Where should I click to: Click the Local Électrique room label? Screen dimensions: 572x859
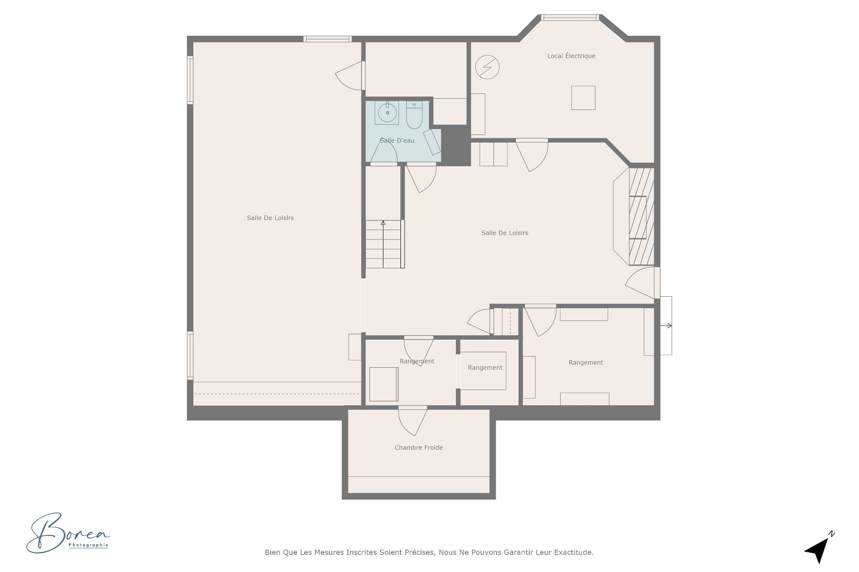coord(571,56)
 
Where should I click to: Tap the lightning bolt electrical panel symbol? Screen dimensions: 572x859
coord(487,67)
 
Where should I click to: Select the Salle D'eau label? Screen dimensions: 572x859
coord(397,140)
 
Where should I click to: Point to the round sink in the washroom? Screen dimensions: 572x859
coord(387,113)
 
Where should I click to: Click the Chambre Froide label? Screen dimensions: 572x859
coord(418,447)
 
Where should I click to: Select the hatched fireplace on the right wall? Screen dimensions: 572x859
coord(642,216)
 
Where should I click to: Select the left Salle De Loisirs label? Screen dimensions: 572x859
coord(270,218)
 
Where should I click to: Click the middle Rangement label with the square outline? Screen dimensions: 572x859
coord(485,368)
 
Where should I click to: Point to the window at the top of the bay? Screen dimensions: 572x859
coord(570,18)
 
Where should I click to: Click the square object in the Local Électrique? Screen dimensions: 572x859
coord(583,97)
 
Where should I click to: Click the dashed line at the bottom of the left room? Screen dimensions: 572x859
coord(277,394)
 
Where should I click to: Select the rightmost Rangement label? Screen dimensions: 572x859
coord(586,362)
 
